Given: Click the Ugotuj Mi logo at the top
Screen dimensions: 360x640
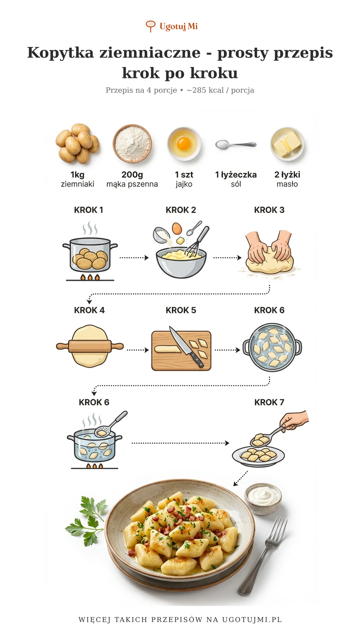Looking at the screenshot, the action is tap(172, 26).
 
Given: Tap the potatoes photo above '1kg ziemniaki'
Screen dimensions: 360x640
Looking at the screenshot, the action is tap(78, 144).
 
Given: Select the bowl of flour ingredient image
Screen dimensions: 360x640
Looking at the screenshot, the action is tap(132, 143).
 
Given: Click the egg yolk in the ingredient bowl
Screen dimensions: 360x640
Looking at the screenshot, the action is tap(183, 144).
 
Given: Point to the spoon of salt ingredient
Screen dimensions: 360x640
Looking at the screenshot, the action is tap(236, 144).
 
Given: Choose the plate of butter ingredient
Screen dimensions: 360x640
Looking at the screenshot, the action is tap(287, 144).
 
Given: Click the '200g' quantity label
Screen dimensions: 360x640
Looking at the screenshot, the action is tap(132, 175).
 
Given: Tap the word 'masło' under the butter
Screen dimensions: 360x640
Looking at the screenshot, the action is tap(287, 184).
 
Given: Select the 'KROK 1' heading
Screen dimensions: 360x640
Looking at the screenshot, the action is tap(89, 210).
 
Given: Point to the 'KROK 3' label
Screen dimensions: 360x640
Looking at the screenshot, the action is tap(269, 210).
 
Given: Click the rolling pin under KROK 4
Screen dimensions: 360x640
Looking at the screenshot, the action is tap(90, 347).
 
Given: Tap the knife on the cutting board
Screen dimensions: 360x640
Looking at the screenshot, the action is tap(187, 347).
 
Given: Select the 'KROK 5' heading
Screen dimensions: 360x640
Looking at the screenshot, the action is tap(181, 310).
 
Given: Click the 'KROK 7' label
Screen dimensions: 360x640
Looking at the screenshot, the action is tap(269, 402).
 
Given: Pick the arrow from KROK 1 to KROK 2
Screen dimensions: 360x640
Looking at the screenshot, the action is tap(134, 258).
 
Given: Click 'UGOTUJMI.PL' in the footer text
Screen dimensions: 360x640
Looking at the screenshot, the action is tap(252, 620).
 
